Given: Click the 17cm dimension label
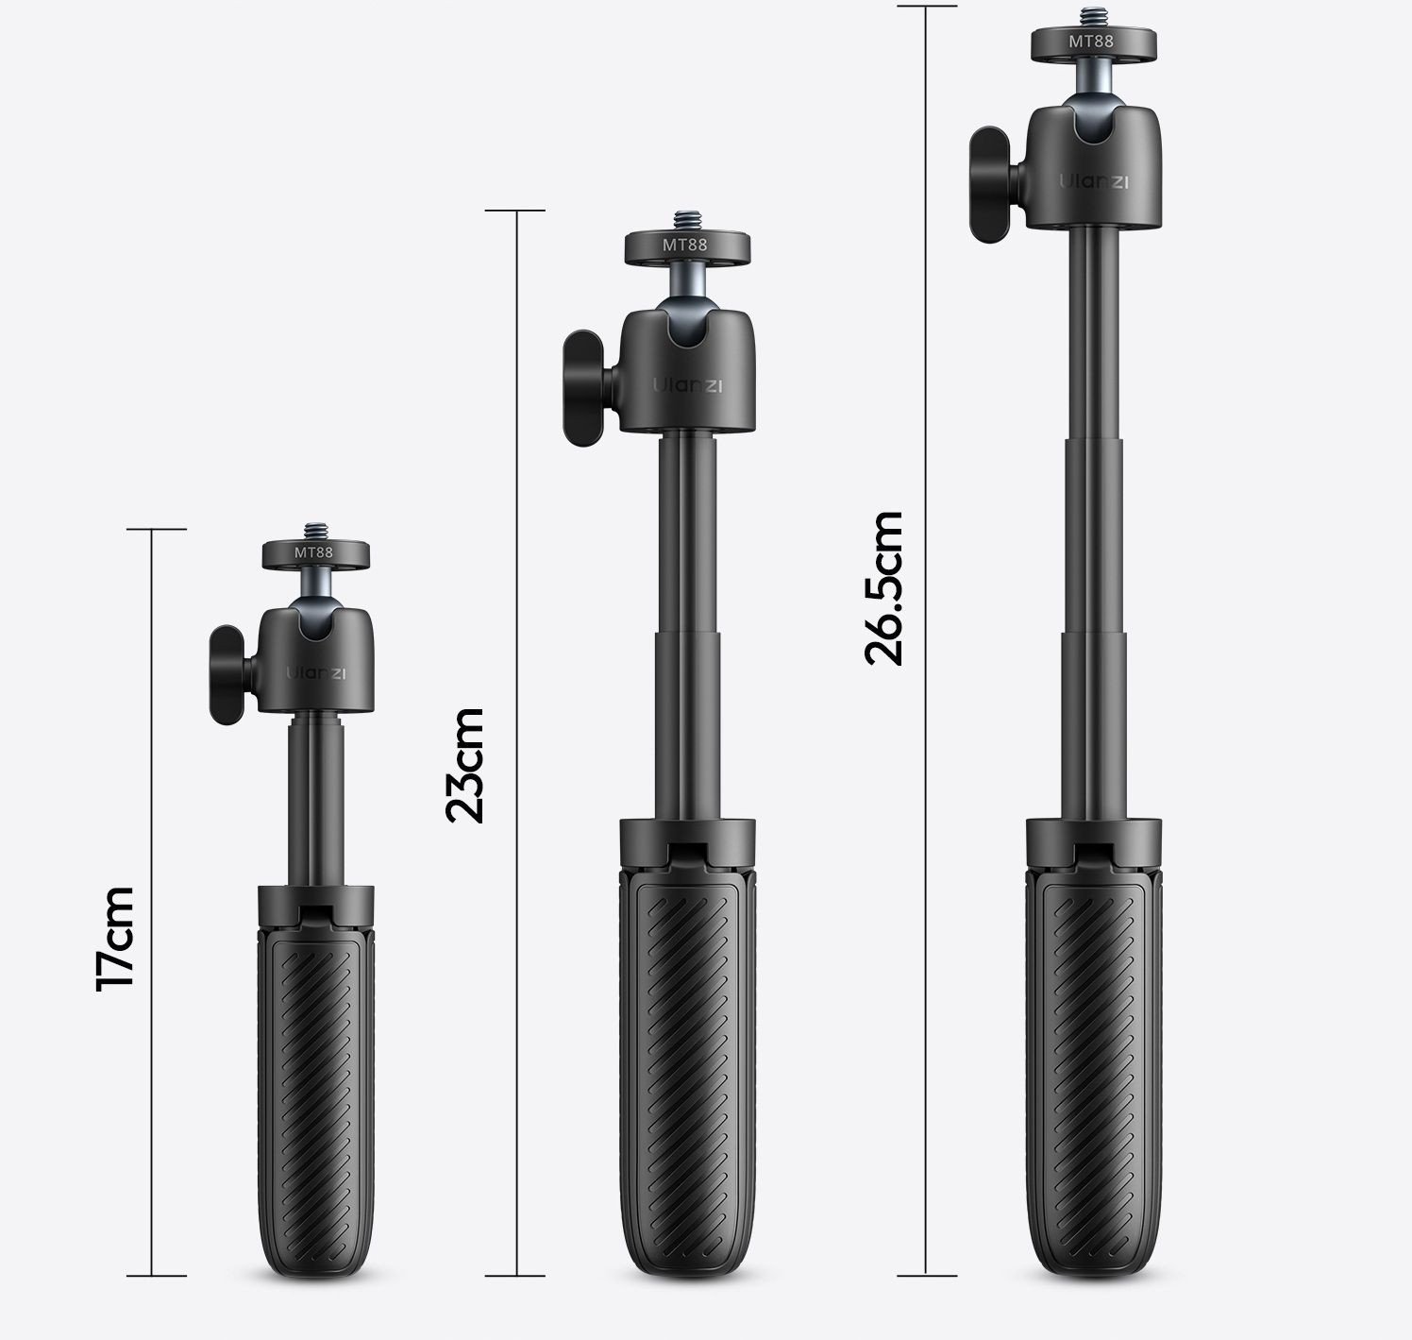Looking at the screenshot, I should tap(115, 938).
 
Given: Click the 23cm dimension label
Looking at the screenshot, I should tap(464, 765).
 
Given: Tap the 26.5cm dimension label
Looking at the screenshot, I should tap(884, 587).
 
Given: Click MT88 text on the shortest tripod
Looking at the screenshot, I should tap(313, 552).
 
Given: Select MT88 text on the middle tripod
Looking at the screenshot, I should tap(684, 244).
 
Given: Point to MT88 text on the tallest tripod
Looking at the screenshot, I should tap(1091, 42).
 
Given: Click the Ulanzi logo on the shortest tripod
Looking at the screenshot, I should tap(316, 673).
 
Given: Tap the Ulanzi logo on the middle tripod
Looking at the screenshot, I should tap(686, 384).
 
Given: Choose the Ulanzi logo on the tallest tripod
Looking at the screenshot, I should tap(1093, 181).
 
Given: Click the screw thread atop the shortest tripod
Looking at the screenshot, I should tap(313, 530).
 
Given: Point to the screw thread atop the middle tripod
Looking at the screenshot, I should tap(685, 219).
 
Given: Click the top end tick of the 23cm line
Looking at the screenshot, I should tap(515, 211).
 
